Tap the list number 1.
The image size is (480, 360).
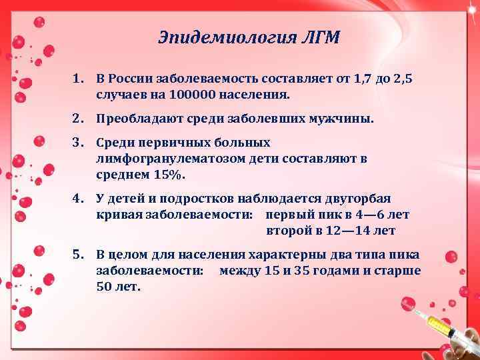click(79, 79)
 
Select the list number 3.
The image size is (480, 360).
click(79, 143)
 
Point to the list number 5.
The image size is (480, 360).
click(79, 255)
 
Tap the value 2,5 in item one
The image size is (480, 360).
click(401, 79)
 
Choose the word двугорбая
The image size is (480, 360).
click(359, 199)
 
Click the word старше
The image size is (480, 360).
click(398, 271)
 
